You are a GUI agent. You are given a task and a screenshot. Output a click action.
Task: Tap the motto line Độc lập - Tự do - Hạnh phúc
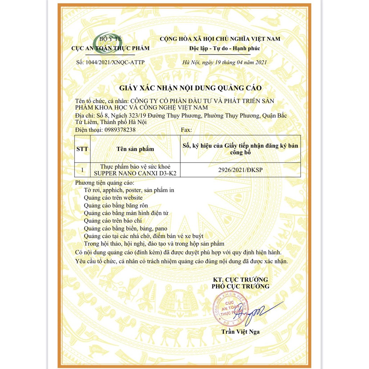tap(224, 48)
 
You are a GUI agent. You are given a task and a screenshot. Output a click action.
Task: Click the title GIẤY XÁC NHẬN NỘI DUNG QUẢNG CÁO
tap(190, 88)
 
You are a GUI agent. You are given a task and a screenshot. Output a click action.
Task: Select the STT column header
tap(82, 149)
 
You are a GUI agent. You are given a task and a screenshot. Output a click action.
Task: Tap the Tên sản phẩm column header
tap(135, 149)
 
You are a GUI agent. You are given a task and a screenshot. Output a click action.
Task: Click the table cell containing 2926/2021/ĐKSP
tap(240, 170)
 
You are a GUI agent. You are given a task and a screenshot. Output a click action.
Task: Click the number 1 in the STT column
tap(82, 170)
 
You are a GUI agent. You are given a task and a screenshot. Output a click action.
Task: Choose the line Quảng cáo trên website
tap(113, 197)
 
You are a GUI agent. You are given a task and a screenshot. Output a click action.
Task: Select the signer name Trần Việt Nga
tap(240, 332)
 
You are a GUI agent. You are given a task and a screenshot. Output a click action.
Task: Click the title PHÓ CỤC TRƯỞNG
tap(240, 286)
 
